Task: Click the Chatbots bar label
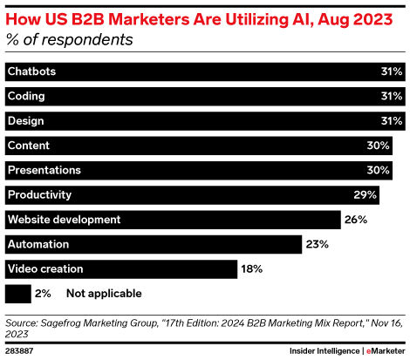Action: [x=31, y=71]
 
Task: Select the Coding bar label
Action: [x=25, y=96]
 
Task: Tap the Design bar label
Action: [x=25, y=120]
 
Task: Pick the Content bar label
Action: [x=28, y=146]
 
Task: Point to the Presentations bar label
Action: [x=44, y=170]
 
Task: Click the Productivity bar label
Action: [x=38, y=194]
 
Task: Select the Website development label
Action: [x=64, y=220]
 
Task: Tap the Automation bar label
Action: [x=38, y=244]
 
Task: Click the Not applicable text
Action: [x=103, y=294]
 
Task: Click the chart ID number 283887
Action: [x=20, y=350]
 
